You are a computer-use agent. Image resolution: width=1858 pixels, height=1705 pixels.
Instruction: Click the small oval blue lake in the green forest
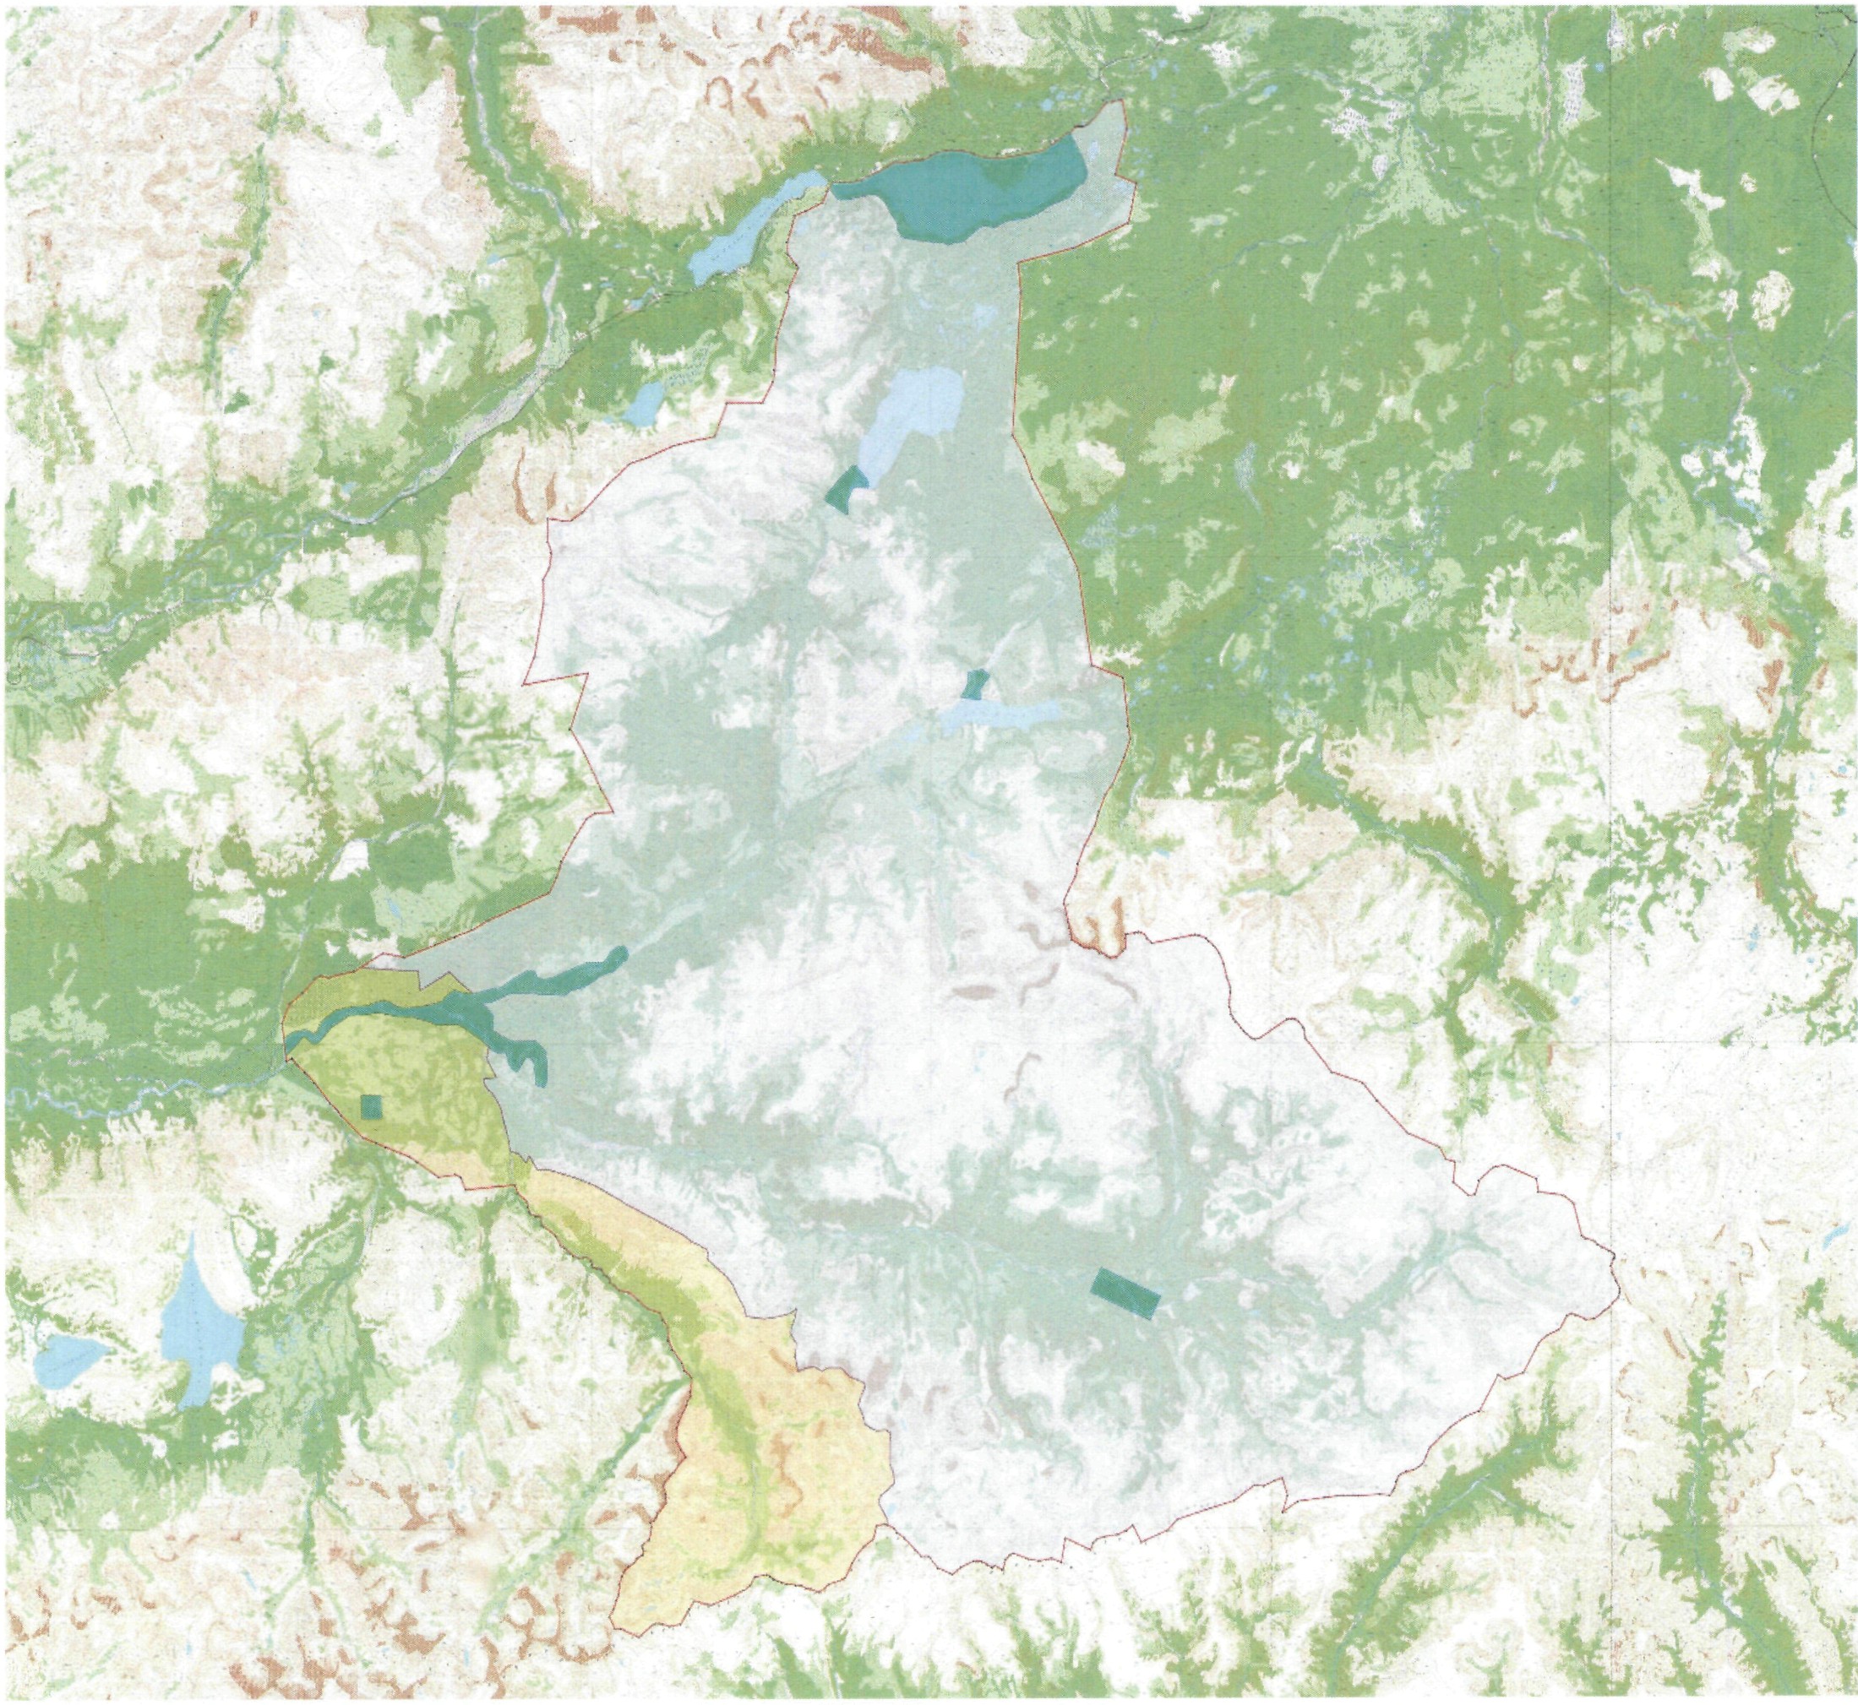646,403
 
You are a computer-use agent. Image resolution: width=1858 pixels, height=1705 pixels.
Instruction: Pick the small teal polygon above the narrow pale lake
973,685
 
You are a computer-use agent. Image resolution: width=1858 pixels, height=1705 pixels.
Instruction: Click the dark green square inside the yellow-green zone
371,1106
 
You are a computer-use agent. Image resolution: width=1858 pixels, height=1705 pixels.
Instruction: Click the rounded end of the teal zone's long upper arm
620,955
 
